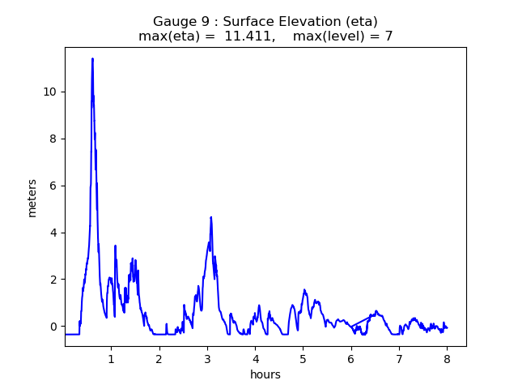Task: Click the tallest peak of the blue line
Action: point(92,58)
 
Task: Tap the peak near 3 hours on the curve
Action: point(211,217)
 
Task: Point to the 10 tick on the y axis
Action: point(50,92)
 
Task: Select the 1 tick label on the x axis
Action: point(111,358)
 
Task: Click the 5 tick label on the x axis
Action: point(303,358)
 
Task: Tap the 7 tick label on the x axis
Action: point(399,358)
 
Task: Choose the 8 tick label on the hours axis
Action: point(447,358)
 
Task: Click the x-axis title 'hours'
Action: point(265,374)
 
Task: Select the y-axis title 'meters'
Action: point(32,198)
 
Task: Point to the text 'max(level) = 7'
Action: point(343,36)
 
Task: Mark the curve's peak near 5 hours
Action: point(304,289)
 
